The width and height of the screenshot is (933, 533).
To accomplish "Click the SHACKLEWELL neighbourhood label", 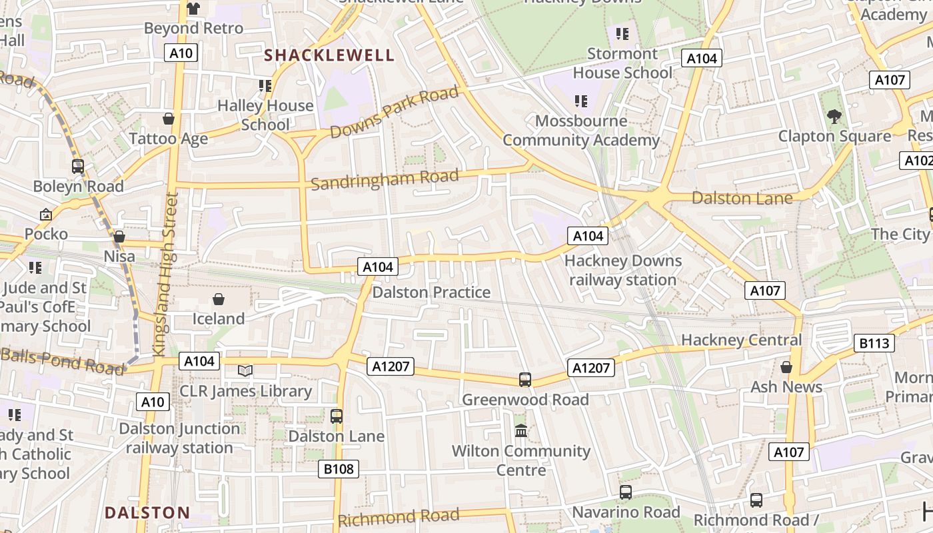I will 330,55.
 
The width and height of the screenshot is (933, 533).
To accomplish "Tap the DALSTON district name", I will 147,512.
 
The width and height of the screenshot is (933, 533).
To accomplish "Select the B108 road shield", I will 339,469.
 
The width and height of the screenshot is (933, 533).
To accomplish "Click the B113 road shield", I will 874,343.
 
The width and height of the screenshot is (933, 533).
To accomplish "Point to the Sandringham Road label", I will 385,179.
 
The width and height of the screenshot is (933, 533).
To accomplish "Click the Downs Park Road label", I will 395,113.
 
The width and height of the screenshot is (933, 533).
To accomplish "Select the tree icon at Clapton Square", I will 834,117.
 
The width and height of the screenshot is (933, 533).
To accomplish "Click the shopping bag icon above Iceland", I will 218,299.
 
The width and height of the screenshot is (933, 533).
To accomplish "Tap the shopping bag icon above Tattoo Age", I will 169,119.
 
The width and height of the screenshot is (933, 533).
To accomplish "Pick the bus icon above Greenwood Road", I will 525,380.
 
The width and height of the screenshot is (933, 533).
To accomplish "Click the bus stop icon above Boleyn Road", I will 78,167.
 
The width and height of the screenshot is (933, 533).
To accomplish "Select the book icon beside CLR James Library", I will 245,370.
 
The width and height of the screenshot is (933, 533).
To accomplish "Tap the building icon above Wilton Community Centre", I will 521,431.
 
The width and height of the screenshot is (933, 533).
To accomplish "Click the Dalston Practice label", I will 431,292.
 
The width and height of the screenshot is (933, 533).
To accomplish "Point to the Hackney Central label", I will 741,340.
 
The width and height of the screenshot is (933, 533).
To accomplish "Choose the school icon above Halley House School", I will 265,86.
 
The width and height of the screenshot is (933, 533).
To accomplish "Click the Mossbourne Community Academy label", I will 581,131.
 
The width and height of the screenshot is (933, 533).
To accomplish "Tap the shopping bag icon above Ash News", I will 786,367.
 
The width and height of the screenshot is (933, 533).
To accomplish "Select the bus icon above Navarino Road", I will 626,492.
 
